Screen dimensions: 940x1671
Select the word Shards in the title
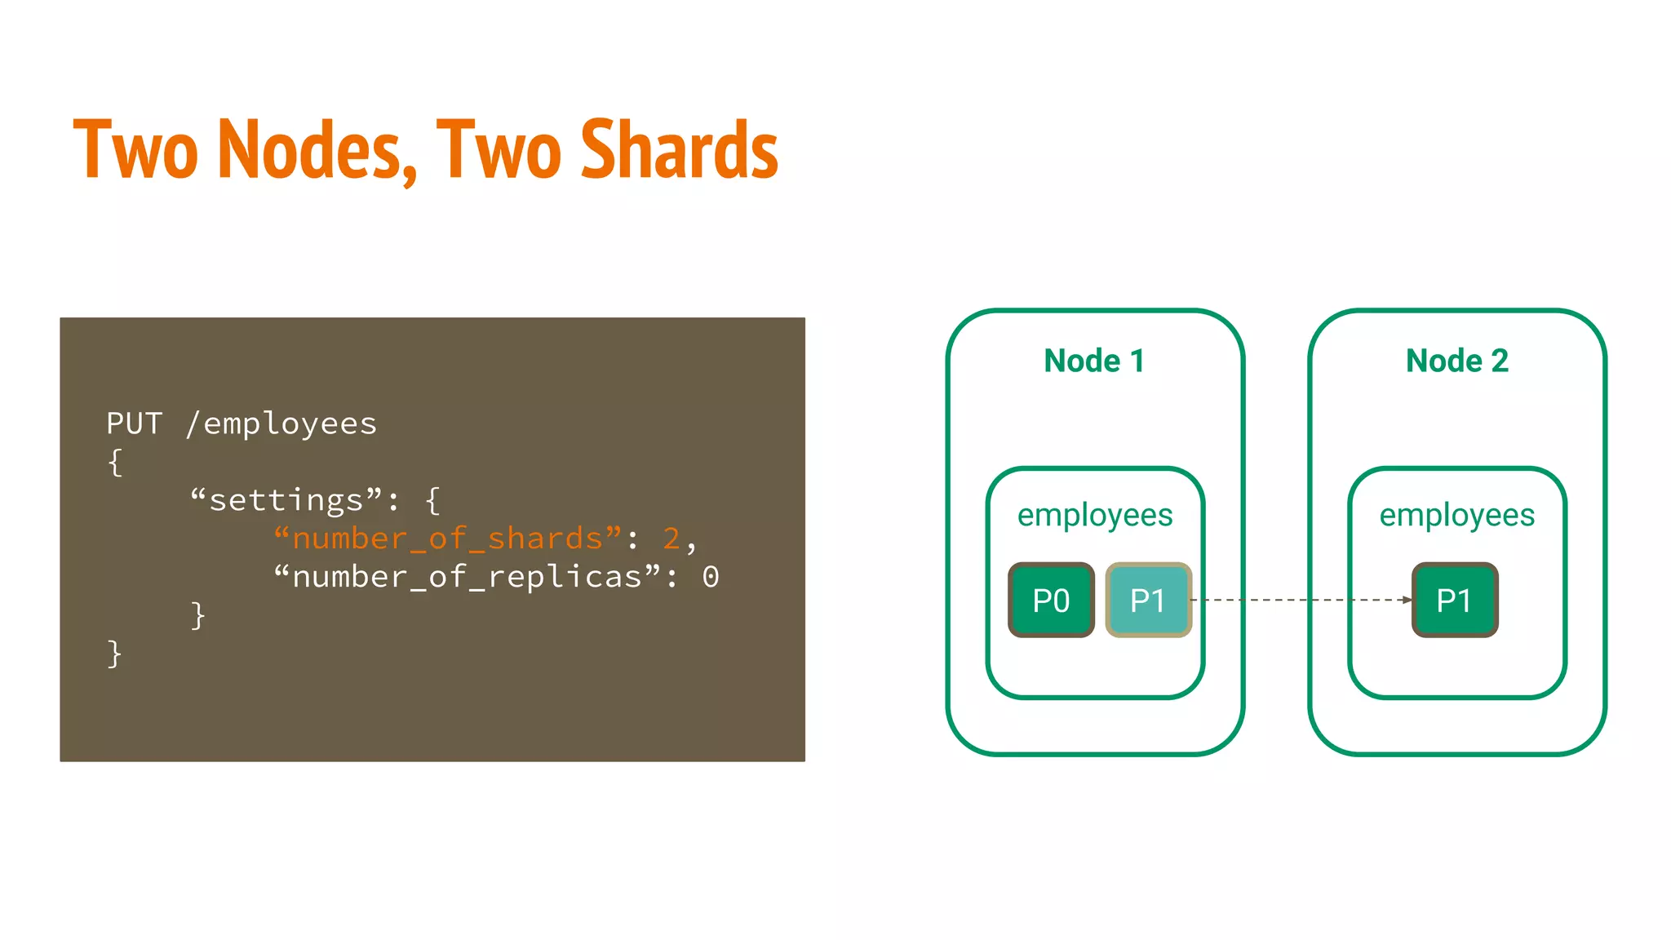679,150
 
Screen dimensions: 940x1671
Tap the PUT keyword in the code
135,423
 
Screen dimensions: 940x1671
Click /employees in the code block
281,424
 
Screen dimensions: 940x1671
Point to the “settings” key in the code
286,500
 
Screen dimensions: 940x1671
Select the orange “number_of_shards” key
447,539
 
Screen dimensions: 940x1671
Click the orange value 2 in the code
672,539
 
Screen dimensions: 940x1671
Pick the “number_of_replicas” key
467,577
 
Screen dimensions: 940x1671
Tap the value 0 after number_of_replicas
711,577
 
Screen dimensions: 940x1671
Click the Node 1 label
1094,361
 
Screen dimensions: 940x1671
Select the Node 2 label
1456,361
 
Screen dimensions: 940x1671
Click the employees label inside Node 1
1095,516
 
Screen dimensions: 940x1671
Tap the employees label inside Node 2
1456,516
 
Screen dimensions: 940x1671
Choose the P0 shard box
1051,600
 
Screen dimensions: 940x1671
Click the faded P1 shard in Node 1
1148,600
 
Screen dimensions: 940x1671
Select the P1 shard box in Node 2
1455,600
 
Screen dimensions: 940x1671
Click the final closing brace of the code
114,654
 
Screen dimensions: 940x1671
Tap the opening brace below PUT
115,463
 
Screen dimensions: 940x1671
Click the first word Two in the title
135,150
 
